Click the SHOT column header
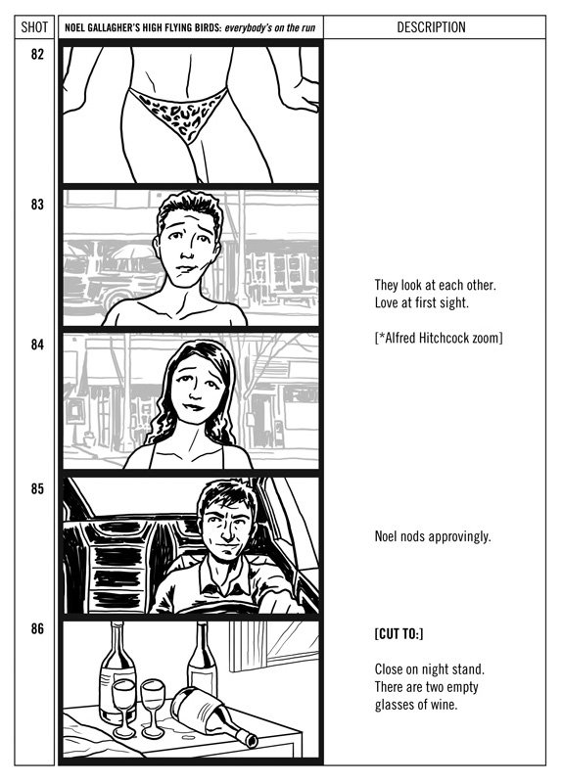(x=34, y=27)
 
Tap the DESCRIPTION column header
(x=431, y=27)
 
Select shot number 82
(x=37, y=55)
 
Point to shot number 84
(x=37, y=345)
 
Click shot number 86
(x=37, y=628)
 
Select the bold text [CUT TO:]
(x=399, y=634)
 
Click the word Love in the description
(x=386, y=302)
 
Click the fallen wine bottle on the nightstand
(x=214, y=717)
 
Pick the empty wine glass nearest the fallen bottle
(x=154, y=708)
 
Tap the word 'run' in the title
(x=308, y=27)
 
